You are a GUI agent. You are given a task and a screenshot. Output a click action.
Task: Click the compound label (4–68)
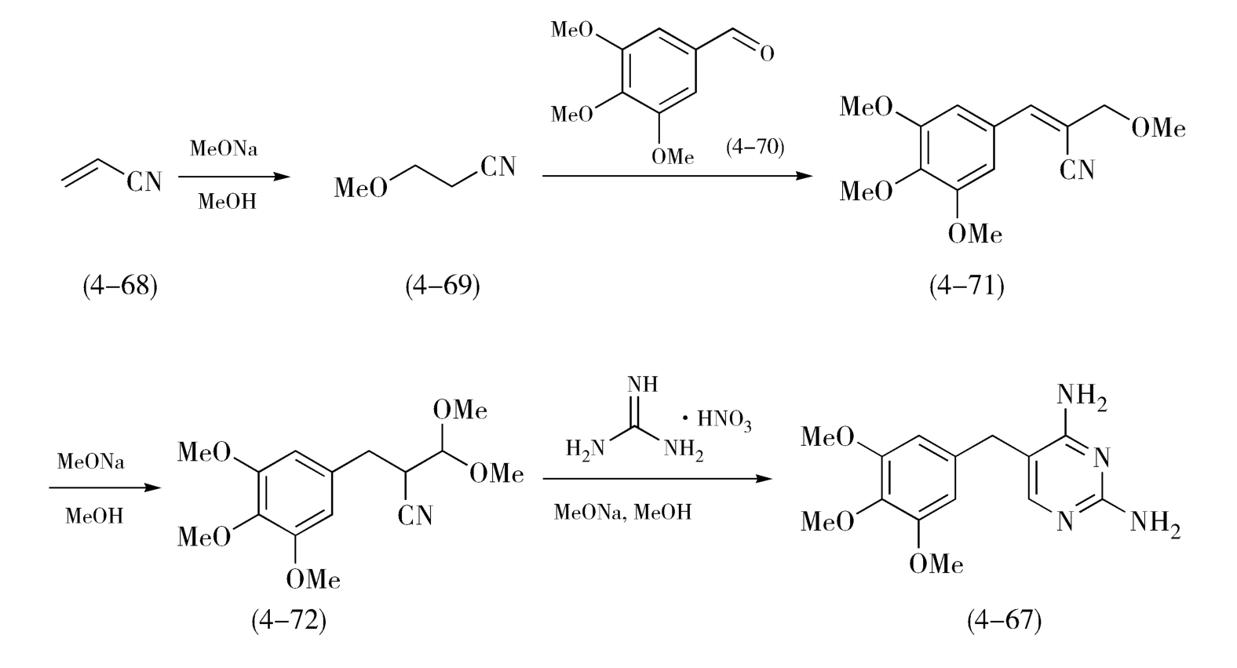120,286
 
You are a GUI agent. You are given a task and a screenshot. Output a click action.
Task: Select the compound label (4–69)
443,286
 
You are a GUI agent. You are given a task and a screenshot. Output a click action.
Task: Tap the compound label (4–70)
755,147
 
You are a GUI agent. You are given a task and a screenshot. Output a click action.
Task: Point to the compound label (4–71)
967,286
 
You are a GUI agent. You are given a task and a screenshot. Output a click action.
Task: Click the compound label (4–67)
1005,621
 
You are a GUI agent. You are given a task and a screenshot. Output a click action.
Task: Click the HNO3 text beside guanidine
724,420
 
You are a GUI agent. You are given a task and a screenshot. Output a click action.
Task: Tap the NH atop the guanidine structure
642,385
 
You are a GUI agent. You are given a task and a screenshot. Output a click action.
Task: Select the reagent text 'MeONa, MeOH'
622,513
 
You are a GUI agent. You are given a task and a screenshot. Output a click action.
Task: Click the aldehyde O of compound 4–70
767,53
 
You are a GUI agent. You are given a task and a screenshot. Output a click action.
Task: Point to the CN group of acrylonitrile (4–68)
144,181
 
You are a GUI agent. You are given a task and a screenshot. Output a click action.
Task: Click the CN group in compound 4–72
415,516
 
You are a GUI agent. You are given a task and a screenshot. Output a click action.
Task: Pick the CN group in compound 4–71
1077,170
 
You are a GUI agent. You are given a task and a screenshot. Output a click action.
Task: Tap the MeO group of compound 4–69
361,188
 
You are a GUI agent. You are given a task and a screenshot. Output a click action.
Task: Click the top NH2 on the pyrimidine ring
1082,397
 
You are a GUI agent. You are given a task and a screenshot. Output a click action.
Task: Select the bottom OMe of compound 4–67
936,564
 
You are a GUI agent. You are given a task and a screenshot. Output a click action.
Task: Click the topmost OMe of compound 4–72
460,411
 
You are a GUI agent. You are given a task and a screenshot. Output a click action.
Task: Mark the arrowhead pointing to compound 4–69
283,177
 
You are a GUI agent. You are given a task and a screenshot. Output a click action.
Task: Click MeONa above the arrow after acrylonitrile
224,149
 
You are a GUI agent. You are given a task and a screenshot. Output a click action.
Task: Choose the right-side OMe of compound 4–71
1158,128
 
